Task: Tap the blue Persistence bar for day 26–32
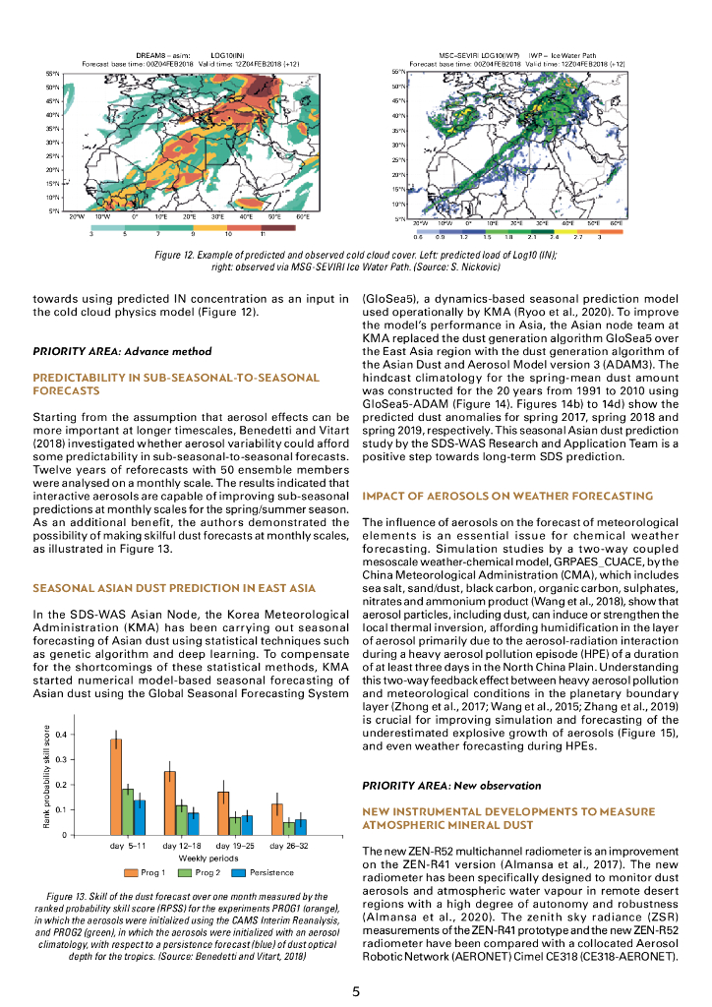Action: (x=301, y=827)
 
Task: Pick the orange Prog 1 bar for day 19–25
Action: (x=223, y=813)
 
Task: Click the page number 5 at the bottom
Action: (x=356, y=990)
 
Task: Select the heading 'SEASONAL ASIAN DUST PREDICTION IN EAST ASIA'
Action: (x=174, y=588)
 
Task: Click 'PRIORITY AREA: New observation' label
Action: (x=451, y=786)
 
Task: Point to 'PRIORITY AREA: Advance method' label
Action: (x=123, y=351)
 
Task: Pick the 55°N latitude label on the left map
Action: (x=52, y=74)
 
